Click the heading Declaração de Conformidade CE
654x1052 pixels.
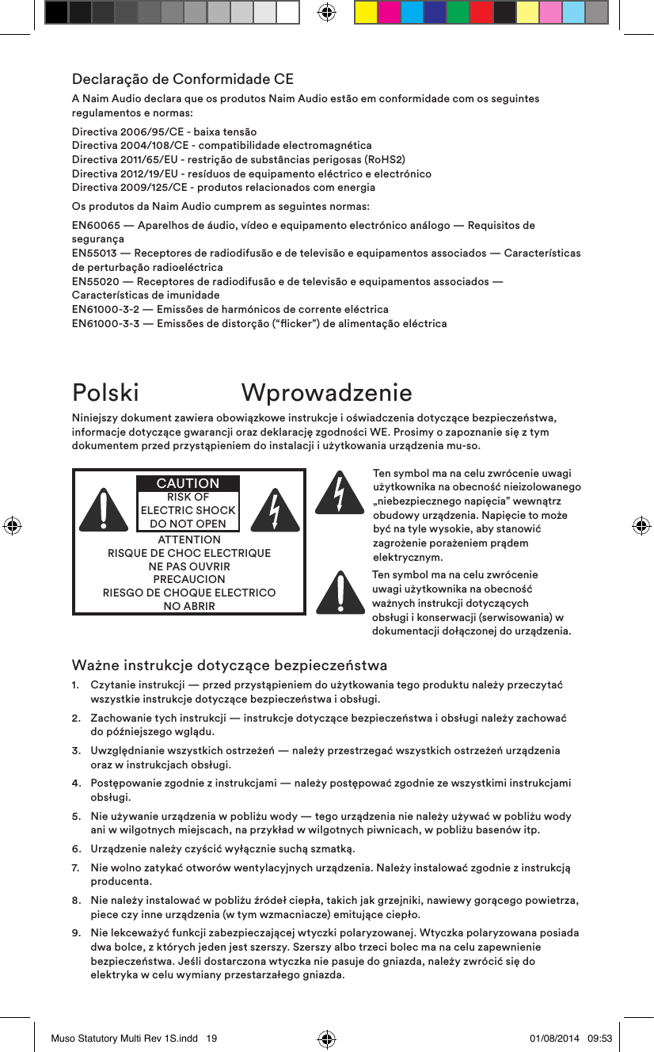coord(183,79)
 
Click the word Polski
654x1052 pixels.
coord(105,392)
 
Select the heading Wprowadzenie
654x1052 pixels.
coord(326,392)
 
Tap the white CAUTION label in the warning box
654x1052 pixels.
coord(188,483)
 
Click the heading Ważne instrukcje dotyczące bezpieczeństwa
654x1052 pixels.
coord(230,664)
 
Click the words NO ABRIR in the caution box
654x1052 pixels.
coord(188,606)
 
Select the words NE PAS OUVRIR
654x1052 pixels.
coord(188,566)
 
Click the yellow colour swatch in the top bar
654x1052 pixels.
coord(366,12)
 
